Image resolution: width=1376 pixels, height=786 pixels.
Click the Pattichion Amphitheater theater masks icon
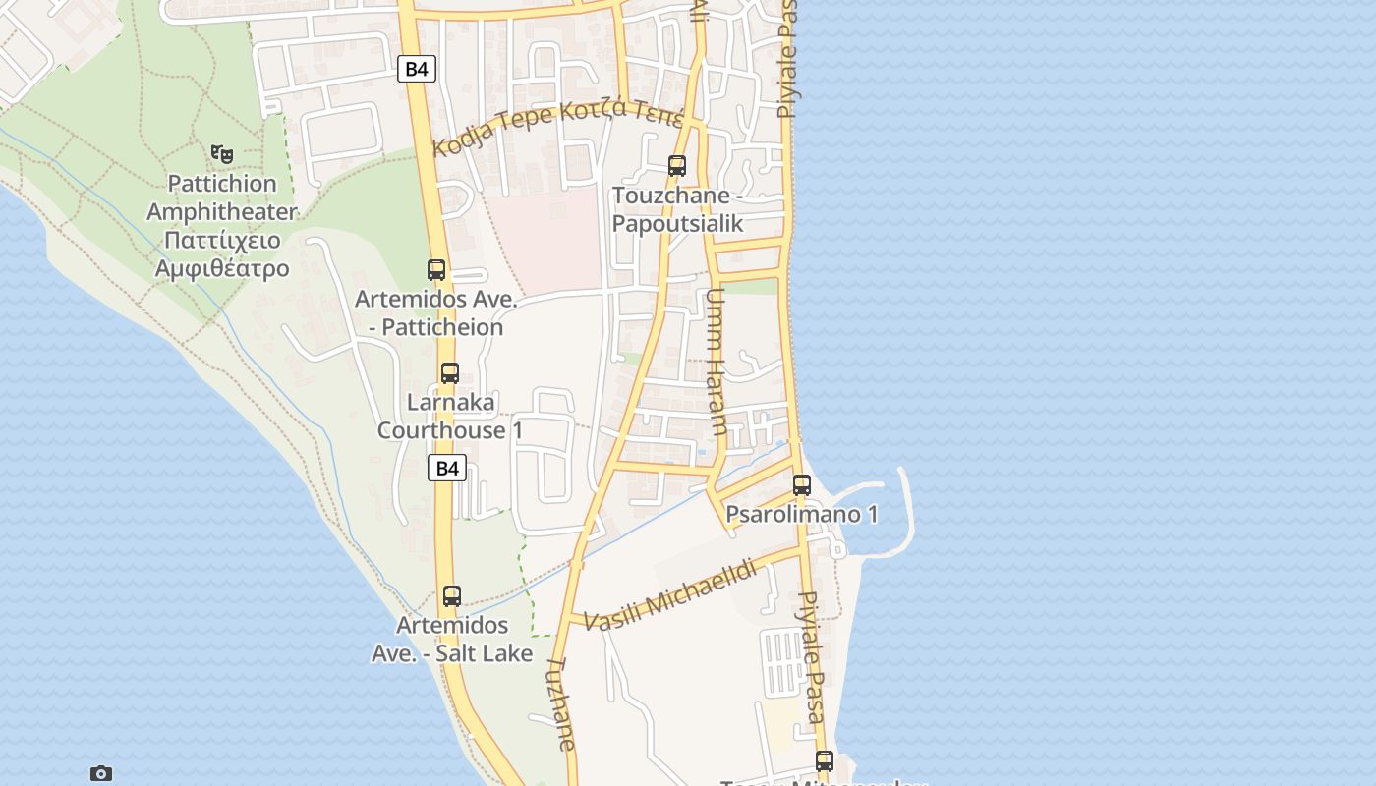[x=222, y=153]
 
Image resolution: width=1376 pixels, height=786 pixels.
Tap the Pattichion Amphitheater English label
[x=222, y=197]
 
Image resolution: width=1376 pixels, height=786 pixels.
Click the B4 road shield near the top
[x=417, y=69]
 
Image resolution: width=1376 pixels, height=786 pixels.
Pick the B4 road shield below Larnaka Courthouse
[x=447, y=468]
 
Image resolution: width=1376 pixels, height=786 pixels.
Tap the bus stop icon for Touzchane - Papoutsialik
[x=677, y=165]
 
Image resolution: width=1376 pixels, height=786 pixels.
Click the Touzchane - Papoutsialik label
[x=677, y=209]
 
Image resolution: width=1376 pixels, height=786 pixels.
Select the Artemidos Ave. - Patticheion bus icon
[x=436, y=269]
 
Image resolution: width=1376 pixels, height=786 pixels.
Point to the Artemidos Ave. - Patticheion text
[x=435, y=312]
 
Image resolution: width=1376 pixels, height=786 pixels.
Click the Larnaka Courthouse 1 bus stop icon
[x=450, y=373]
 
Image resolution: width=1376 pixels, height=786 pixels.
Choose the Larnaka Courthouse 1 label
[x=450, y=417]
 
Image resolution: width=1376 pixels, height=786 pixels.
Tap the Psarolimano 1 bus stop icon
[x=802, y=484]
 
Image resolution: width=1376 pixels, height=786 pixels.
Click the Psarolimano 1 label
[x=802, y=514]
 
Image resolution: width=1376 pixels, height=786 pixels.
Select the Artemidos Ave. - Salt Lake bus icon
[x=452, y=595]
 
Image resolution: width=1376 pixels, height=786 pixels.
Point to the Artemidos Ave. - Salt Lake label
[x=452, y=639]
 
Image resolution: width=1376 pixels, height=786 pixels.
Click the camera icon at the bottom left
[x=100, y=773]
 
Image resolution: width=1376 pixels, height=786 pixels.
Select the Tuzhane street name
[x=560, y=703]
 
